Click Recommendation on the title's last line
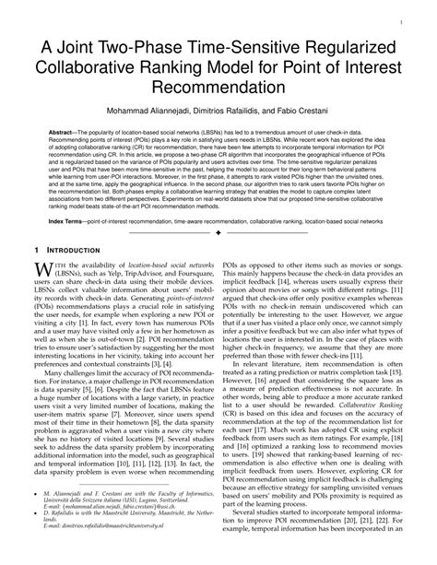pyautogui.click(x=218, y=88)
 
